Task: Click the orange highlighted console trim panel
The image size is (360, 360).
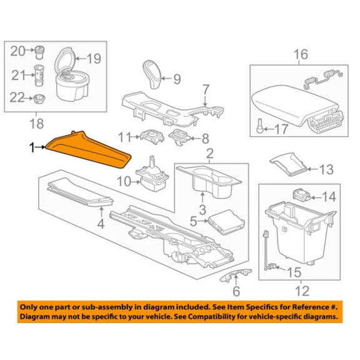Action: pyautogui.click(x=88, y=151)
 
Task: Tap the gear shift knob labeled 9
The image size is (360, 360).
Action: pyautogui.click(x=152, y=74)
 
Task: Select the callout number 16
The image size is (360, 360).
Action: pyautogui.click(x=301, y=54)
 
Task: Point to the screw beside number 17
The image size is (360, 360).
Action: pyautogui.click(x=259, y=126)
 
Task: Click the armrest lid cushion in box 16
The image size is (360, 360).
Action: pyautogui.click(x=294, y=104)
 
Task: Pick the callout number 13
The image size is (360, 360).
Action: pyautogui.click(x=326, y=169)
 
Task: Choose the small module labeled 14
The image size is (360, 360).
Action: pyautogui.click(x=302, y=195)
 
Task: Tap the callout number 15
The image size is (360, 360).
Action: pyautogui.click(x=294, y=272)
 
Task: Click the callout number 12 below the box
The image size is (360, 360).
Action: pyautogui.click(x=302, y=291)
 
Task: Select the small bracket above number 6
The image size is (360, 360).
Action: pyautogui.click(x=236, y=275)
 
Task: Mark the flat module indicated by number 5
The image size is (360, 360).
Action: pyautogui.click(x=226, y=222)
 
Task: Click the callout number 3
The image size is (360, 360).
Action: pyautogui.click(x=202, y=210)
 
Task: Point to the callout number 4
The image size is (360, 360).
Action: pyautogui.click(x=101, y=223)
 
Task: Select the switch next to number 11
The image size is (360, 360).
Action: pyautogui.click(x=152, y=137)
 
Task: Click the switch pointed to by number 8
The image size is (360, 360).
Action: pyautogui.click(x=179, y=136)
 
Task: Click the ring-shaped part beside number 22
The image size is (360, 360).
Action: pyautogui.click(x=39, y=99)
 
